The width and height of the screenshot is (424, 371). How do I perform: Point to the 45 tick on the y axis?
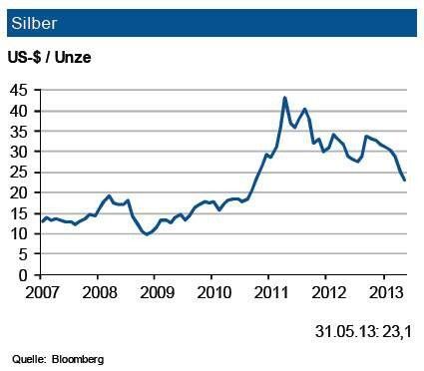pyautogui.click(x=21, y=91)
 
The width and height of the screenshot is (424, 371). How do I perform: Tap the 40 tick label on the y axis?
pyautogui.click(x=21, y=111)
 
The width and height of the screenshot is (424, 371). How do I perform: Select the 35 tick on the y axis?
pyautogui.click(x=21, y=132)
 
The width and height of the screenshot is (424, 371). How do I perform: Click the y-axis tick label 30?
pyautogui.click(x=21, y=152)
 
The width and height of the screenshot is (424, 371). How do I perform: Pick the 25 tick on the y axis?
pyautogui.click(x=21, y=173)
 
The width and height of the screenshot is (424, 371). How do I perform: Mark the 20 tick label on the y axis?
pyautogui.click(x=21, y=192)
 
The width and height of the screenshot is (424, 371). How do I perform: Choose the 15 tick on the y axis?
pyautogui.click(x=21, y=213)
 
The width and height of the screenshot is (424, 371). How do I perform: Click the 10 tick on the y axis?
pyautogui.click(x=21, y=233)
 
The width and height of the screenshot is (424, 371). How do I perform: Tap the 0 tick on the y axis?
pyautogui.click(x=25, y=274)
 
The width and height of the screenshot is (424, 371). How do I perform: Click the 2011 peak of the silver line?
pyautogui.click(x=285, y=98)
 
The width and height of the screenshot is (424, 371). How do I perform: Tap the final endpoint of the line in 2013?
pyautogui.click(x=404, y=180)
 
